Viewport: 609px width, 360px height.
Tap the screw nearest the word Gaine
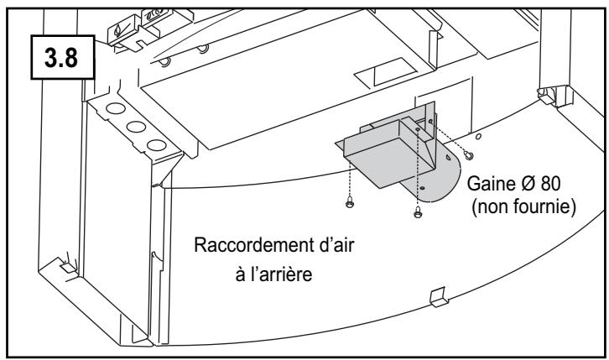click(x=469, y=155)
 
